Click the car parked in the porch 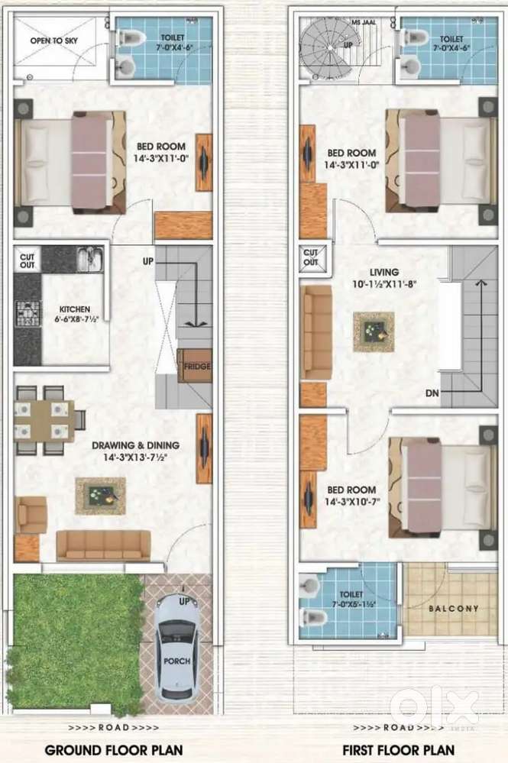coord(177,647)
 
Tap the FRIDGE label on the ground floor coord(197,366)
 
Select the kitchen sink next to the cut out coord(90,258)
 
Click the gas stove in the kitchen coord(28,313)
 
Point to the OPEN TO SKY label coord(53,41)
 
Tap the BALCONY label coord(454,608)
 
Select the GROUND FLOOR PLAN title coord(114,750)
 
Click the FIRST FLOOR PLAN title coord(399,750)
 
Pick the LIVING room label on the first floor coord(384,272)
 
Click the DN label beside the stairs coord(432,393)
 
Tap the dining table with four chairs coord(50,420)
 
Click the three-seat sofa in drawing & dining coord(104,545)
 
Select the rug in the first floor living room coord(374,332)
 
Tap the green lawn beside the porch coord(76,642)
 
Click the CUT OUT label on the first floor coord(310,257)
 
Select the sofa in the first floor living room coord(316,332)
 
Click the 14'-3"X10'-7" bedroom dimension coord(352,503)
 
